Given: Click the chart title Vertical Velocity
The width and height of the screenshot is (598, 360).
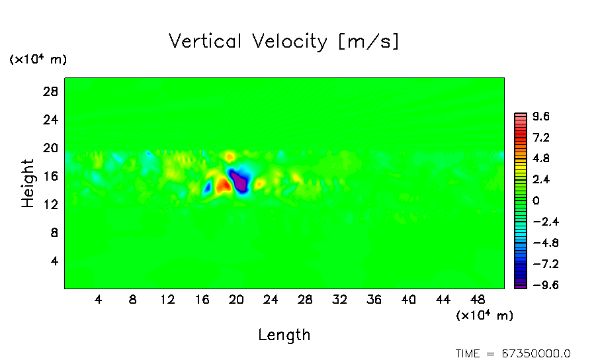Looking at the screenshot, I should tap(284, 41).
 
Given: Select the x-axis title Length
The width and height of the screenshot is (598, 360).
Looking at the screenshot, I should tap(284, 335).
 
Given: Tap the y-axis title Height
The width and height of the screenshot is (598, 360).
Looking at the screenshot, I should tap(28, 183).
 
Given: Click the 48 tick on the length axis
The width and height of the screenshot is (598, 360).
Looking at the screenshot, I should tap(478, 299).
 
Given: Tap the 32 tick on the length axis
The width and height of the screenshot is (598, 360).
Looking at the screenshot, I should tap(339, 299).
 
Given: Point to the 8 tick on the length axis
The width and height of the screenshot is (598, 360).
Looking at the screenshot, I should tap(133, 299).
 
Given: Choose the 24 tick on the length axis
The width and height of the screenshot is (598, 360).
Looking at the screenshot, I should tap(271, 299).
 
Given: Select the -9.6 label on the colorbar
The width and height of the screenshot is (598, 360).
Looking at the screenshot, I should tap(538, 285).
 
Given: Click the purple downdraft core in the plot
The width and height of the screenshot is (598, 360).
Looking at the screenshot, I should tap(239, 180).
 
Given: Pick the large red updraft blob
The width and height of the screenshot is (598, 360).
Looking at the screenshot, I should tap(222, 183).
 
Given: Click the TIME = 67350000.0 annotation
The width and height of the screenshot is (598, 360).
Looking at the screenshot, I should tap(513, 353).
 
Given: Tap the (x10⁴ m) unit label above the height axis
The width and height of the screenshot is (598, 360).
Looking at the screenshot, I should tap(38, 60).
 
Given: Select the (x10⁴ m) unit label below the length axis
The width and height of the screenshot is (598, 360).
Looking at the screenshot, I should tap(484, 316).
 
